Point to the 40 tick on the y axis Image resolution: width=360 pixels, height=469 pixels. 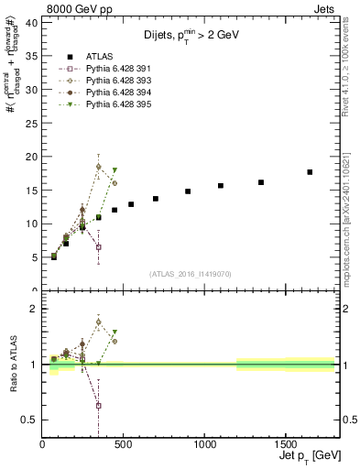pyautogui.click(x=32, y=23)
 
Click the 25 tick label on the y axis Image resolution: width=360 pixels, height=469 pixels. pyautogui.click(x=32, y=123)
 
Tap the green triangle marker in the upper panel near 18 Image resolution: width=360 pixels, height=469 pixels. pyautogui.click(x=115, y=170)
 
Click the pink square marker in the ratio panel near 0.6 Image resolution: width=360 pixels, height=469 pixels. pyautogui.click(x=98, y=405)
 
